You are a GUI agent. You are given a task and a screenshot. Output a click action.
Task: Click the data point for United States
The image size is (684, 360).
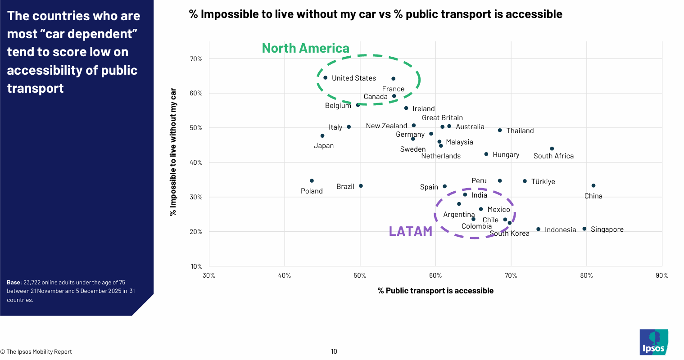(x=326, y=78)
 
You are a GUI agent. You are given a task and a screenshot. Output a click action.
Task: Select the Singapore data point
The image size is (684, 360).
(x=584, y=229)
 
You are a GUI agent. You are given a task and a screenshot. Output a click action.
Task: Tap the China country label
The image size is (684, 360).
(x=593, y=196)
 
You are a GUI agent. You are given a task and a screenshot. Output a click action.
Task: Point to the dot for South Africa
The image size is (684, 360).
(x=552, y=149)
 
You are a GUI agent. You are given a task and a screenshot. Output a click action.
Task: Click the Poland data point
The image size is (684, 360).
(x=312, y=181)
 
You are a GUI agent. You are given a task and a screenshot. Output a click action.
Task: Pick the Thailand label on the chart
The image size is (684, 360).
(x=520, y=131)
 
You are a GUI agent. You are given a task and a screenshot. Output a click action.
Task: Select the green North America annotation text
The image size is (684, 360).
(x=305, y=48)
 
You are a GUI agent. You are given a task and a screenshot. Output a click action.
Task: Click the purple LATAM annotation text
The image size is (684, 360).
(x=410, y=231)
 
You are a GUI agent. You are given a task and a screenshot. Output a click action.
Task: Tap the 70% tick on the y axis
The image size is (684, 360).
(x=196, y=59)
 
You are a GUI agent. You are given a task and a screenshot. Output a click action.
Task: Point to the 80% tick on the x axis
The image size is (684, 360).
(x=586, y=275)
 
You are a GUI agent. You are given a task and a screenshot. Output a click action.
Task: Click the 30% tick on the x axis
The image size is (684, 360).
(x=209, y=275)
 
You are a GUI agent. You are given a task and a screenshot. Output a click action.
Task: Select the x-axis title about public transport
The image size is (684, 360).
(x=435, y=291)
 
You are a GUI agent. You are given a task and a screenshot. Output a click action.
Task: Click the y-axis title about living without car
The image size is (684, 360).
(x=173, y=152)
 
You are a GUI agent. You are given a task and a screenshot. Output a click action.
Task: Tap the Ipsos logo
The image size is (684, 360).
(x=653, y=342)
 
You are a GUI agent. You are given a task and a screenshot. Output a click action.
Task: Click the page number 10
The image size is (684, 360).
(x=334, y=351)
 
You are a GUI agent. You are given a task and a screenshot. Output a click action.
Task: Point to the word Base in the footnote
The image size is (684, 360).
(x=14, y=283)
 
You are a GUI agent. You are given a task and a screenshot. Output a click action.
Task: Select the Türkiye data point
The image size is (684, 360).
(x=525, y=181)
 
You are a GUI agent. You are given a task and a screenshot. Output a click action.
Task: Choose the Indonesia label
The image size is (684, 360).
(x=560, y=230)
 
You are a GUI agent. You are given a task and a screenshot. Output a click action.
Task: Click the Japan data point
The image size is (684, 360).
(x=322, y=136)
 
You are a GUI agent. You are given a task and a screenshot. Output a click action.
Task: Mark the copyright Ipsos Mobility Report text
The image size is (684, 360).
(x=36, y=352)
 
